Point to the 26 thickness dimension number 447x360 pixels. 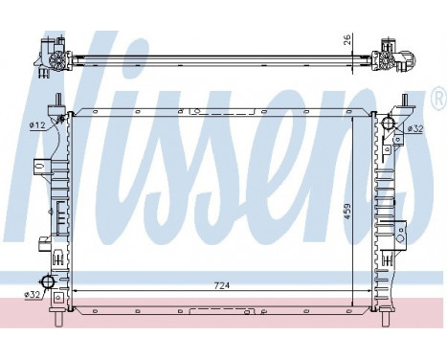pos(348,43)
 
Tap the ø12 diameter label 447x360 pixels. pos(37,124)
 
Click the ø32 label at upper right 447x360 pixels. pos(415,129)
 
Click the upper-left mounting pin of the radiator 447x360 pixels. pos(59,102)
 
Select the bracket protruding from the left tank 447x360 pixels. pos(42,165)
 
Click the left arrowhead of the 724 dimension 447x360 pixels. pos(77,288)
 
